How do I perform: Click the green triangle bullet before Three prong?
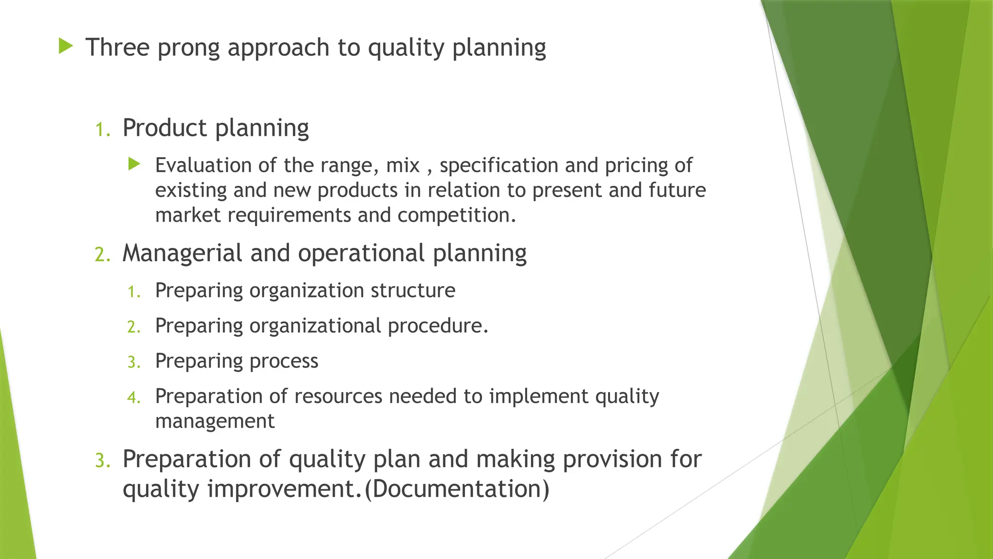pos(65,47)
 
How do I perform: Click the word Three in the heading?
pos(117,48)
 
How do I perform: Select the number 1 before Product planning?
pos(101,130)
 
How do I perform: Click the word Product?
pos(165,128)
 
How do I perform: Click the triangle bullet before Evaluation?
pos(134,164)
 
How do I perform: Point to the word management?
pos(215,421)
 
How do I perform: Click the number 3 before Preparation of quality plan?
pos(101,460)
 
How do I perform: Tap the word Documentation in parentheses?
pos(457,488)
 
